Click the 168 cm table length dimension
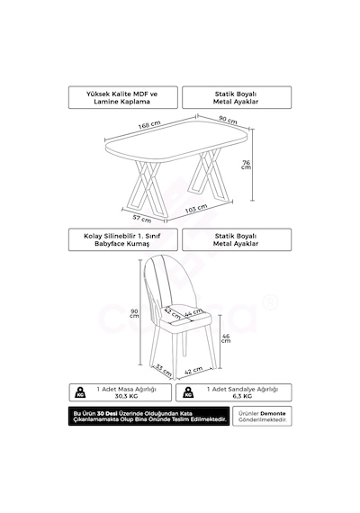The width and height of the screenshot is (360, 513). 149,125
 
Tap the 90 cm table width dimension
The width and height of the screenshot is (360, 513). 228,120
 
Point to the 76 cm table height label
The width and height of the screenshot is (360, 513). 246,165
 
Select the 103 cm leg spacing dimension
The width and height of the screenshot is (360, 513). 196,209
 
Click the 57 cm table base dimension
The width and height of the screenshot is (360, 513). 142,218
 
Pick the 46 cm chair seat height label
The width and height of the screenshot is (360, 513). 226,338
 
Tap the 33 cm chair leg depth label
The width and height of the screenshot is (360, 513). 163,369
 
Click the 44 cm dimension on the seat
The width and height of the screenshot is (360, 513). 193,313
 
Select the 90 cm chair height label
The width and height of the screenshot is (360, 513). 134,313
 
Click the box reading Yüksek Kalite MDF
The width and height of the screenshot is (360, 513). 123,97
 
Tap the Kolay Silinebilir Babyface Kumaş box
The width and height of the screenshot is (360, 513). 123,239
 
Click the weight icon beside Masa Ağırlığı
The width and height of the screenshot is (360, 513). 80,392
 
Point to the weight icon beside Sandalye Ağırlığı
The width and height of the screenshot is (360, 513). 188,392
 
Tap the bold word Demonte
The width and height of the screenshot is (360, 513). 273,413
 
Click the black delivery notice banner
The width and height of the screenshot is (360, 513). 148,416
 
